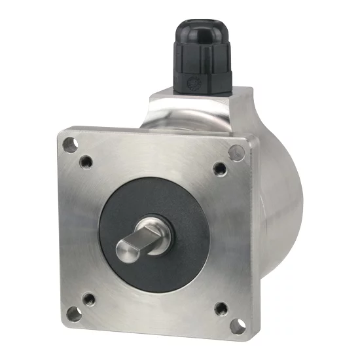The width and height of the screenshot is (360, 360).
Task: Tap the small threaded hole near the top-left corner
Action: click(x=86, y=160)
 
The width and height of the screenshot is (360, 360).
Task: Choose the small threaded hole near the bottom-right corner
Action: click(x=221, y=308)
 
